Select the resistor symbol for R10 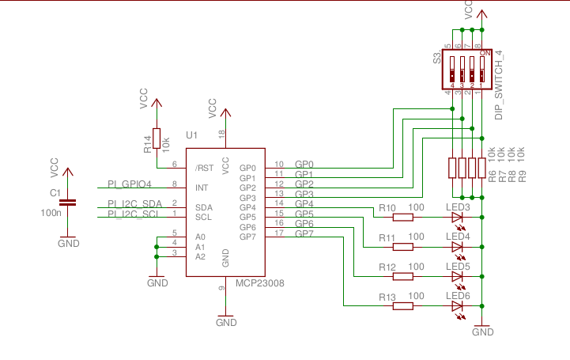pyautogui.click(x=403, y=217)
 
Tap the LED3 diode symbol pyautogui.click(x=457, y=217)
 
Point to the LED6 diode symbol pyautogui.click(x=457, y=306)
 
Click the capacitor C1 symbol pyautogui.click(x=69, y=203)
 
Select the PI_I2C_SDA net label pyautogui.click(x=134, y=204)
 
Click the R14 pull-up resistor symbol pyautogui.click(x=157, y=138)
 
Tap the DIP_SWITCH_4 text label pyautogui.click(x=499, y=85)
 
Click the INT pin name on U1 pyautogui.click(x=202, y=188)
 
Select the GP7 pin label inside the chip pyautogui.click(x=247, y=237)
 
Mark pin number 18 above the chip pyautogui.click(x=221, y=135)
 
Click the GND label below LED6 pyautogui.click(x=482, y=332)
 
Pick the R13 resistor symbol pyautogui.click(x=403, y=306)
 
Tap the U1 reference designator pyautogui.click(x=191, y=136)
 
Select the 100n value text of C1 pyautogui.click(x=51, y=212)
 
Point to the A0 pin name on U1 pyautogui.click(x=200, y=237)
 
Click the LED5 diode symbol pyautogui.click(x=457, y=276)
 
